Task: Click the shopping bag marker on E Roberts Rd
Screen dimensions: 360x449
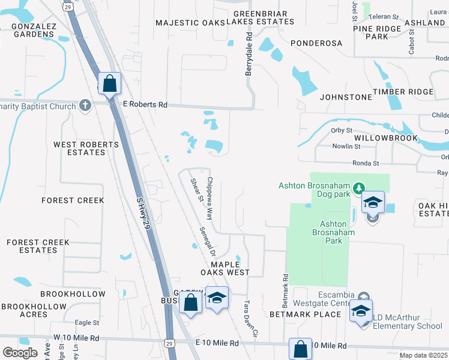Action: tap(110, 83)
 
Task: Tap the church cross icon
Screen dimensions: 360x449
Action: tap(85, 106)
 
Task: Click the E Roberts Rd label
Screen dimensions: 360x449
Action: tap(145, 104)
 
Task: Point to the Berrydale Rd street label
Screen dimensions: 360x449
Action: tap(249, 55)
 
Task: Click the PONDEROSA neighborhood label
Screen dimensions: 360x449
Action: tap(316, 43)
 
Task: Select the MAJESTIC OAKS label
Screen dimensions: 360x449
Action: tap(190, 23)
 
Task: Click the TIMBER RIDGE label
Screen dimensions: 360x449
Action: tap(403, 92)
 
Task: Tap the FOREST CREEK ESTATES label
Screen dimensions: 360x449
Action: tap(38, 247)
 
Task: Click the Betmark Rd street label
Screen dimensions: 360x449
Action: tap(286, 287)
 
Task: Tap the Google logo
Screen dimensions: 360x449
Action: tap(20, 352)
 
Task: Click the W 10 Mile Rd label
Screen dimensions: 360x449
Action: tap(76, 338)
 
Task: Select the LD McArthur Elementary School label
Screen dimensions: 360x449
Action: tap(408, 322)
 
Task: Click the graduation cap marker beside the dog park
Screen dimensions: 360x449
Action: tap(372, 202)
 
